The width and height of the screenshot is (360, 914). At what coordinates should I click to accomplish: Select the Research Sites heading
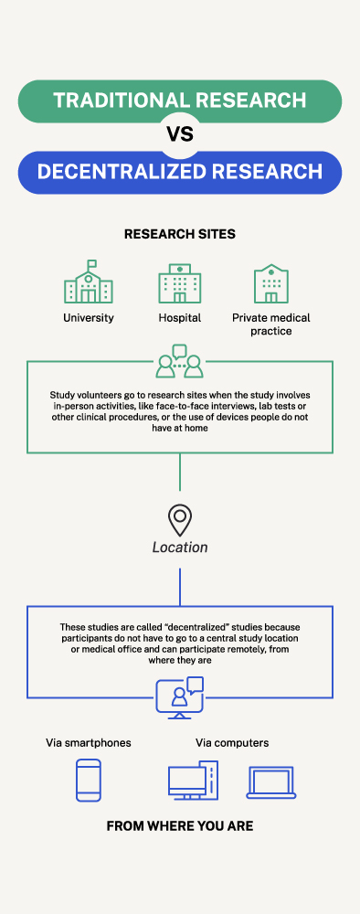click(x=179, y=234)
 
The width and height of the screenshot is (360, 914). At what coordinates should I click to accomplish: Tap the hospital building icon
click(x=179, y=284)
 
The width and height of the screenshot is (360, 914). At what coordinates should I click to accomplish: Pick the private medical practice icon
click(x=270, y=284)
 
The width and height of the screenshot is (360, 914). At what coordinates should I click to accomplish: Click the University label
click(x=89, y=318)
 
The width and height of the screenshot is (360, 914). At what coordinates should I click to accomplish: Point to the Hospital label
click(x=179, y=318)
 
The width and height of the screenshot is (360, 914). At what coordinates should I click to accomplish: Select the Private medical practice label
click(x=270, y=324)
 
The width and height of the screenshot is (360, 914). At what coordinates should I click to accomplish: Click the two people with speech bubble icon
click(x=179, y=361)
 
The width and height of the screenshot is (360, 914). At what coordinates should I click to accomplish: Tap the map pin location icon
click(x=180, y=521)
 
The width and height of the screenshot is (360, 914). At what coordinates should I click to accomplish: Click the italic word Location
click(x=180, y=547)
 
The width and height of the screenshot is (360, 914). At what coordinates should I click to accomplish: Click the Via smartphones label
click(x=89, y=743)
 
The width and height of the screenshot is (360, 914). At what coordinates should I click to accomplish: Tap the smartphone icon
click(x=89, y=781)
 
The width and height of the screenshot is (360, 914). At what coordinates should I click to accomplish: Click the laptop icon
click(x=271, y=782)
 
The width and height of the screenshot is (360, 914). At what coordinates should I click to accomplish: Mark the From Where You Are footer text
click(x=179, y=826)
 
